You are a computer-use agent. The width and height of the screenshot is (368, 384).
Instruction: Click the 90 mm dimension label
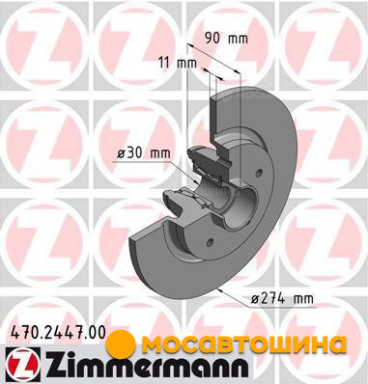tap(227, 39)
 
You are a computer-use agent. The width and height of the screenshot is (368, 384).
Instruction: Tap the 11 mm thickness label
tap(178, 62)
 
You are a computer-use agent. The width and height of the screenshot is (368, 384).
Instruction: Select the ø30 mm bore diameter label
tap(144, 153)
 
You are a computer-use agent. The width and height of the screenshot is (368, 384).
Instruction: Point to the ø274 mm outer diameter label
tap(282, 299)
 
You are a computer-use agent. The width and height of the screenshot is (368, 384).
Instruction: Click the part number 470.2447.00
tap(58, 332)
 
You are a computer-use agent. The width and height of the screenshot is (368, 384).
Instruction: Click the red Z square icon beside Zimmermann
tap(23, 364)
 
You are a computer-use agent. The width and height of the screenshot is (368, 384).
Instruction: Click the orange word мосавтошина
tap(244, 343)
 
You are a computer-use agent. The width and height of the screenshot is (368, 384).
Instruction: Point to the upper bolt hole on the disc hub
tap(258, 174)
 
